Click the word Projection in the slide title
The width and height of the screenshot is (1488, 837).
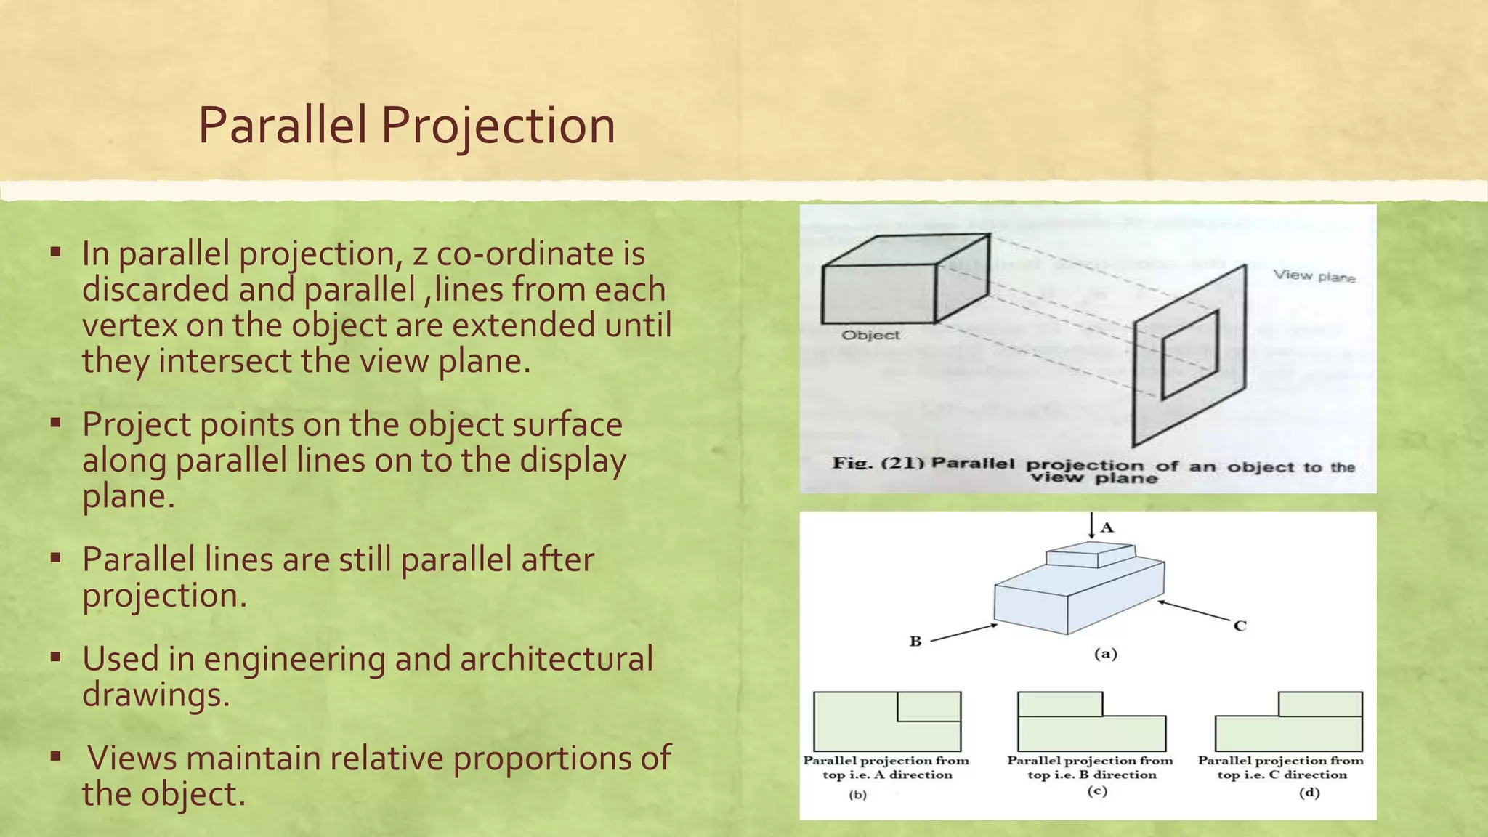pyautogui.click(x=498, y=126)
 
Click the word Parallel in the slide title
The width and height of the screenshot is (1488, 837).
pyautogui.click(x=282, y=126)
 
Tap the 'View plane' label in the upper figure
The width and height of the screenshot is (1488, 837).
pyautogui.click(x=1314, y=276)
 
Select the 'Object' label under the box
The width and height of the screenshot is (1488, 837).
pyautogui.click(x=870, y=335)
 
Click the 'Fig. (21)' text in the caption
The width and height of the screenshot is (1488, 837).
pyautogui.click(x=877, y=463)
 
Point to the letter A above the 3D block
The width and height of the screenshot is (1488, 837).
pyautogui.click(x=1107, y=527)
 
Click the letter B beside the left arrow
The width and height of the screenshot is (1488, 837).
pyautogui.click(x=915, y=641)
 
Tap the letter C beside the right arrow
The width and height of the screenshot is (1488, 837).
pyautogui.click(x=1240, y=626)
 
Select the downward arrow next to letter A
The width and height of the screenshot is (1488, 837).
pyautogui.click(x=1091, y=525)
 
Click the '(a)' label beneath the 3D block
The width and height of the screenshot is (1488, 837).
pyautogui.click(x=1105, y=654)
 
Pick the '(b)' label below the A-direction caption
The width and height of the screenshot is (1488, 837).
pyautogui.click(x=857, y=795)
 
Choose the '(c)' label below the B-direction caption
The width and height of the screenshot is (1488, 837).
pyautogui.click(x=1096, y=791)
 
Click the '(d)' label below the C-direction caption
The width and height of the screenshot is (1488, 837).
pyautogui.click(x=1309, y=793)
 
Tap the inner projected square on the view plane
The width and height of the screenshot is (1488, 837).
pyautogui.click(x=1189, y=355)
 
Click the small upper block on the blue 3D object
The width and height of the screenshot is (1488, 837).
pyautogui.click(x=1090, y=555)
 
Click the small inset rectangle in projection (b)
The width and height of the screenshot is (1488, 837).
pyautogui.click(x=929, y=706)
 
